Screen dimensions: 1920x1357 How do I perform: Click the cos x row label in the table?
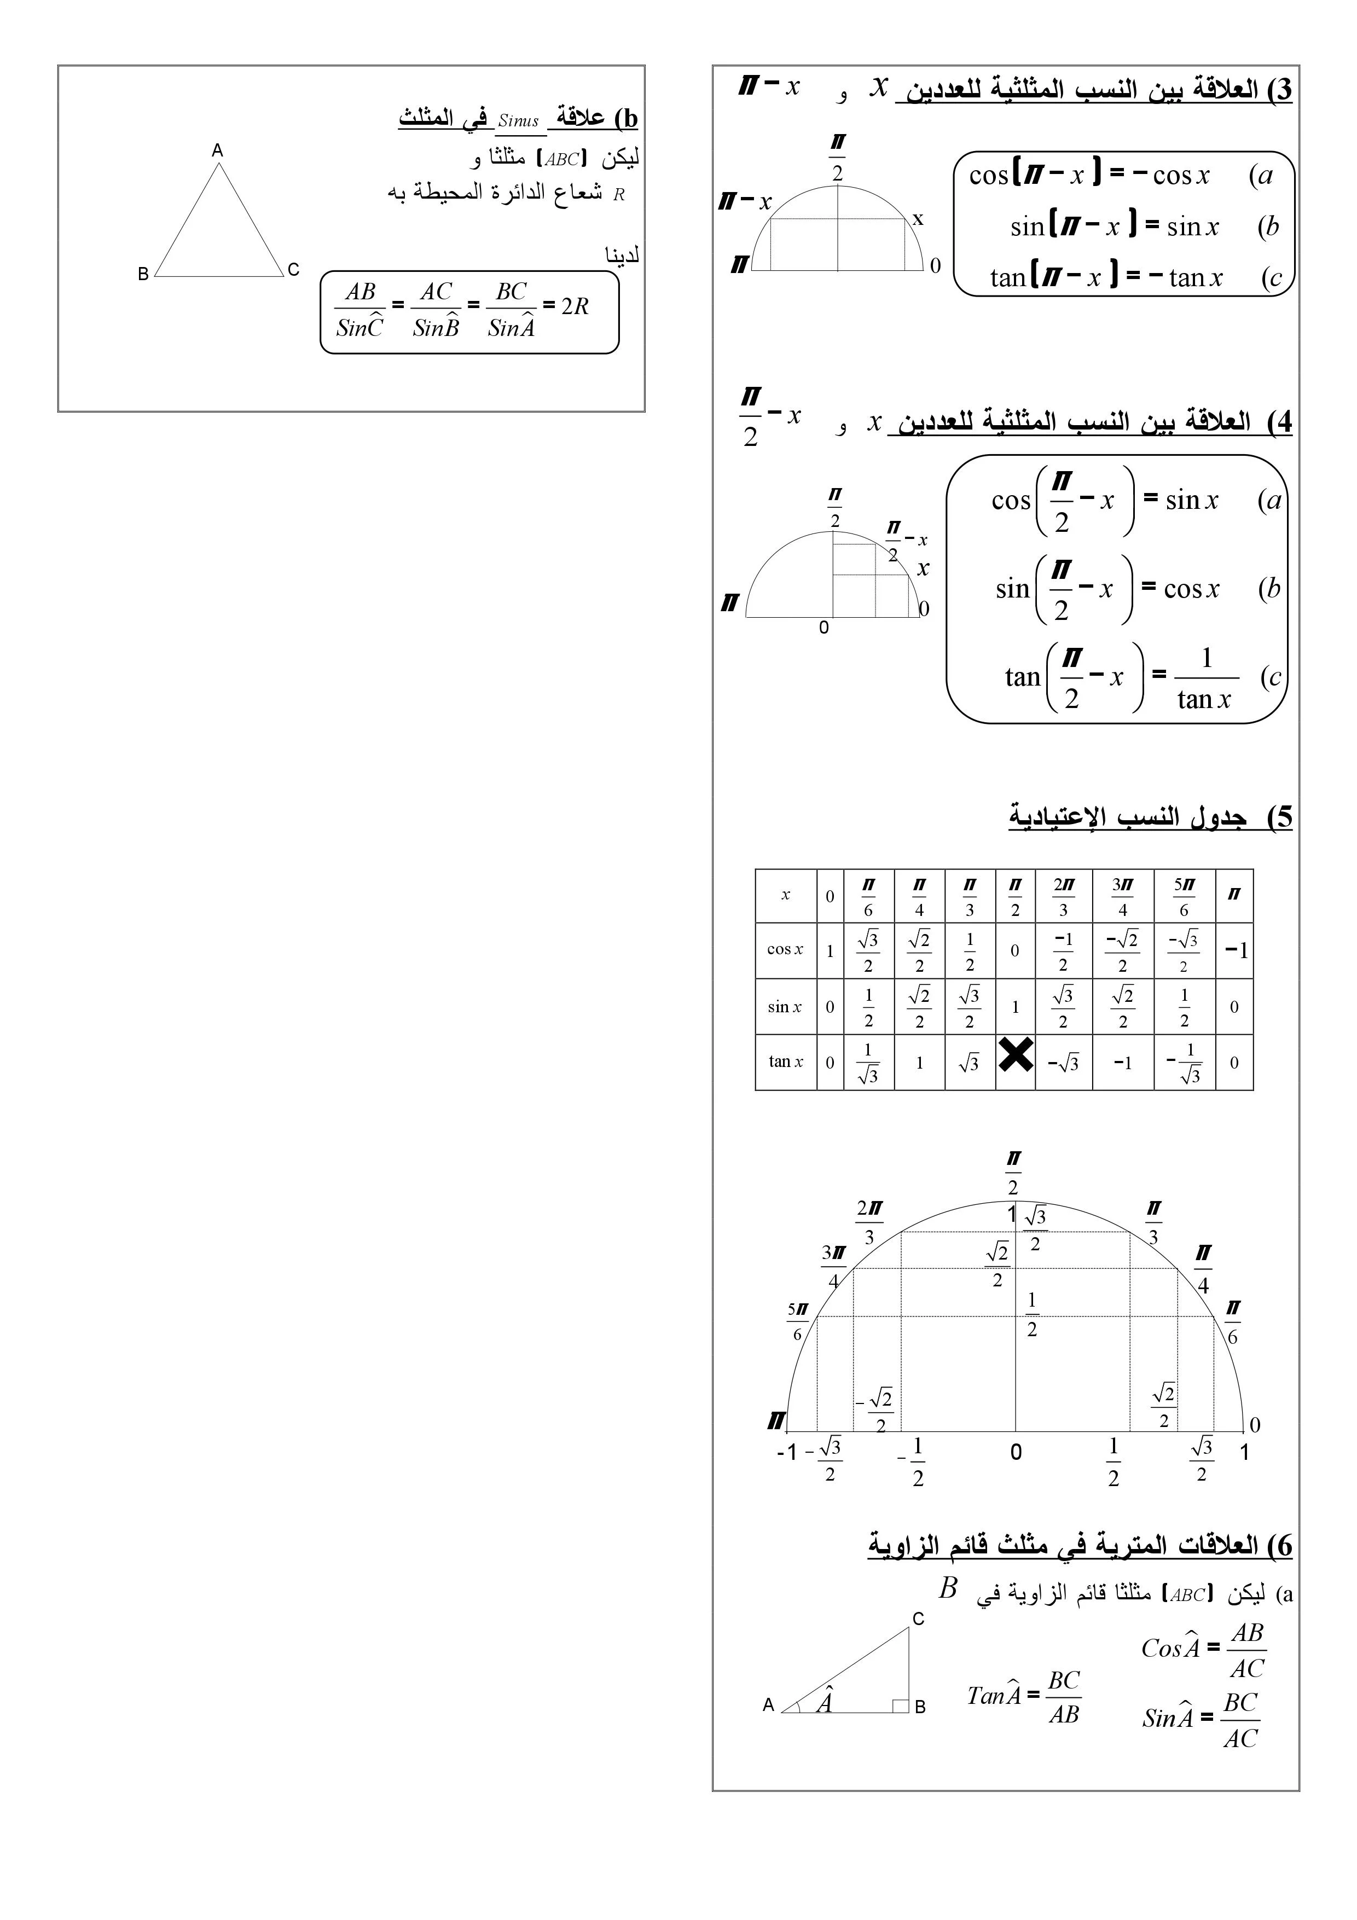[x=785, y=949]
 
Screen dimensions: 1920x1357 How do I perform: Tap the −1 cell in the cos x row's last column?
[x=1236, y=950]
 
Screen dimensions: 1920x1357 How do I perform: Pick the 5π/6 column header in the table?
[x=1184, y=896]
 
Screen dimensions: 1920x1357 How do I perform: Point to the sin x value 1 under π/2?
[x=1015, y=1007]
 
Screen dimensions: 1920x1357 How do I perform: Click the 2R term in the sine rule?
[x=575, y=306]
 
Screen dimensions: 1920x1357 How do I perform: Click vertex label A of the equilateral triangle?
[x=217, y=150]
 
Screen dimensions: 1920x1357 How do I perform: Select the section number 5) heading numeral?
[x=1280, y=817]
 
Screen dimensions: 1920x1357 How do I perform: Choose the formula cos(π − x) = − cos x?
[x=1089, y=175]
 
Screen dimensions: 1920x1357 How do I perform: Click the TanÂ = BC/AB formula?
[x=1024, y=1695]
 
